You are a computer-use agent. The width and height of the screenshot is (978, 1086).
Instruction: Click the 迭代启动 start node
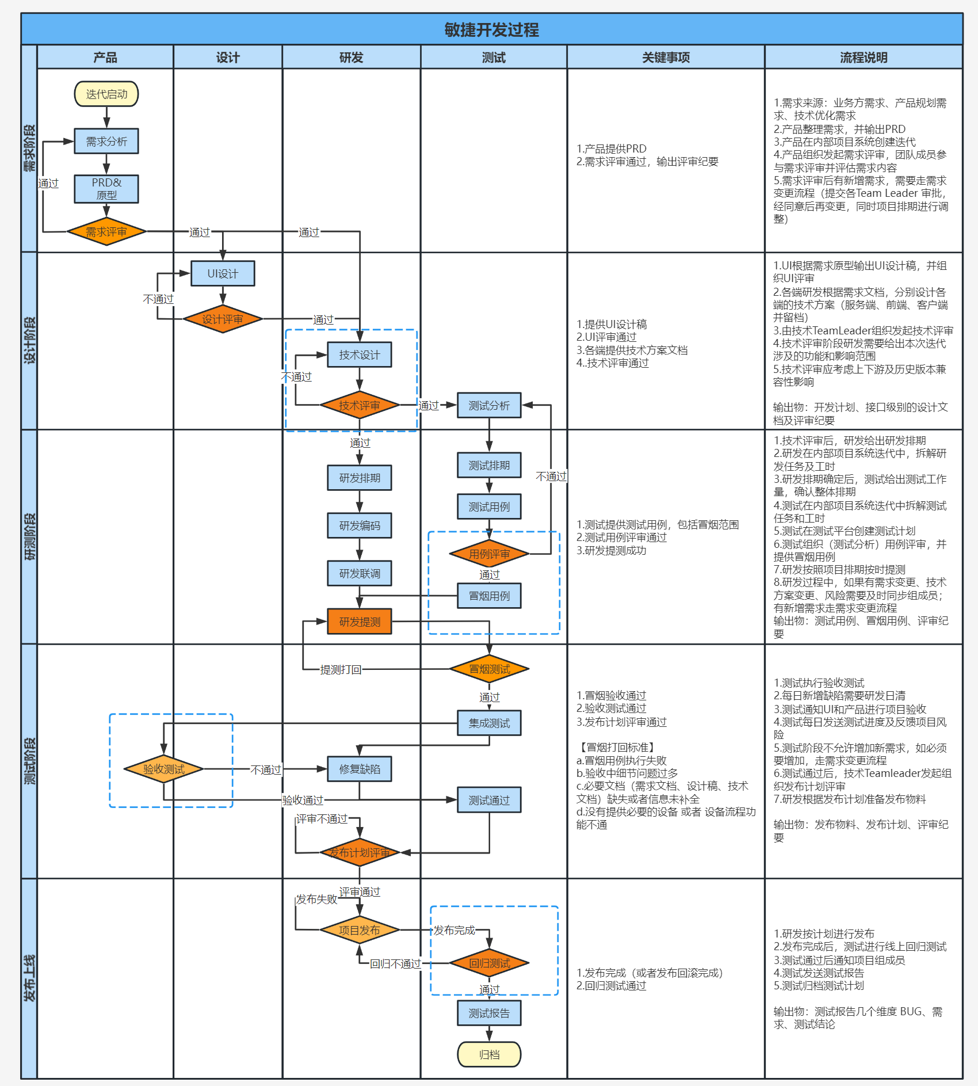pyautogui.click(x=106, y=94)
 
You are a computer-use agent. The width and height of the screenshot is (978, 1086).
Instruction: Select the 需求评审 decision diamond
pyautogui.click(x=106, y=232)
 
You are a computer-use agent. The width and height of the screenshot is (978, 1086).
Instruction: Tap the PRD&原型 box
pyautogui.click(x=106, y=189)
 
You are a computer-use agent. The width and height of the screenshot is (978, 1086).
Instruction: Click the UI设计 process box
pyautogui.click(x=223, y=273)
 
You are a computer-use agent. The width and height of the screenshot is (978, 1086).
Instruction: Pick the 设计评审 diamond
pyautogui.click(x=223, y=319)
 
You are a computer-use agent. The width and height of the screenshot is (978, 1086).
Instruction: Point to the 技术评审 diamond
pyautogui.click(x=360, y=405)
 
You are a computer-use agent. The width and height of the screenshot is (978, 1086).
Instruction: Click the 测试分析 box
pyautogui.click(x=489, y=405)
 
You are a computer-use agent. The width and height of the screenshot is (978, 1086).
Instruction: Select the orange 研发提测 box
pyautogui.click(x=360, y=622)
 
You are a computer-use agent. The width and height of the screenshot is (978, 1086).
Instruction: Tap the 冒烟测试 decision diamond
pyautogui.click(x=489, y=669)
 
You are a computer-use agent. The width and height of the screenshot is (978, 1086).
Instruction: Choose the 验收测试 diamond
pyautogui.click(x=164, y=769)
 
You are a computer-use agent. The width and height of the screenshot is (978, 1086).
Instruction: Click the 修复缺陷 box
pyautogui.click(x=360, y=769)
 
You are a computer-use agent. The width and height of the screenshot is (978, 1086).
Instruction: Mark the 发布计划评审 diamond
pyautogui.click(x=360, y=852)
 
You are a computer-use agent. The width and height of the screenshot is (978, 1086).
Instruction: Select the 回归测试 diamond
pyautogui.click(x=489, y=963)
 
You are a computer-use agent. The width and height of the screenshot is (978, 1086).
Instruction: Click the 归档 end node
pyautogui.click(x=489, y=1054)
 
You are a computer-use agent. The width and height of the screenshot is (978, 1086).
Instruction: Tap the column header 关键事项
pyautogui.click(x=666, y=58)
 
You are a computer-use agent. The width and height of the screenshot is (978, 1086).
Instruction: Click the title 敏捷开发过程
pyautogui.click(x=491, y=29)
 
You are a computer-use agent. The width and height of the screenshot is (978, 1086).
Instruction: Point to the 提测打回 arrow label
pyautogui.click(x=341, y=669)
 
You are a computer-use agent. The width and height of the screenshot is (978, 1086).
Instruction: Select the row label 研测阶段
pyautogui.click(x=29, y=536)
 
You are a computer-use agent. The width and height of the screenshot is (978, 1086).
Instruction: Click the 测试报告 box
pyautogui.click(x=489, y=1013)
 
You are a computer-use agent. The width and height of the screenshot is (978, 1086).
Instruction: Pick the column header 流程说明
pyautogui.click(x=864, y=58)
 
